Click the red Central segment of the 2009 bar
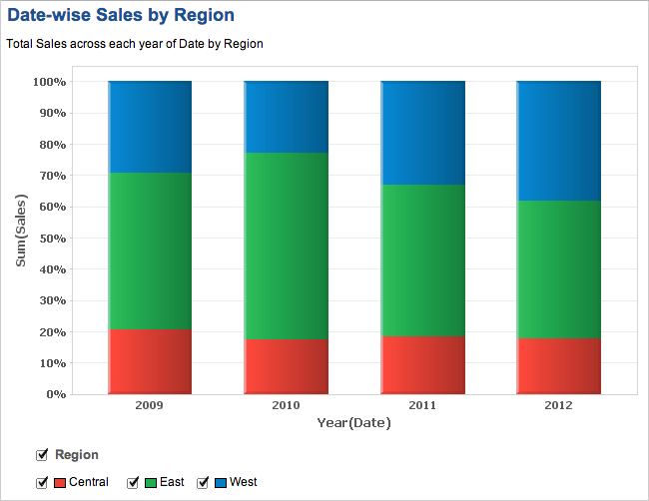click(x=150, y=361)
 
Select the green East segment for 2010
click(x=287, y=246)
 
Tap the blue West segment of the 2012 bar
click(x=559, y=141)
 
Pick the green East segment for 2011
click(x=423, y=260)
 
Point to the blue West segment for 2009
click(x=150, y=127)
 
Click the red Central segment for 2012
click(x=559, y=366)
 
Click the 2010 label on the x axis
click(x=286, y=406)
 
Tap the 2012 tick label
click(x=559, y=406)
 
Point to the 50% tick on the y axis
click(x=49, y=238)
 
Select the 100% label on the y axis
click(x=48, y=81)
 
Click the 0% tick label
click(x=55, y=394)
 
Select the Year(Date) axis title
click(x=353, y=423)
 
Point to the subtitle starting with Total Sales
click(x=134, y=44)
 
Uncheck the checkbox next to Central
click(x=42, y=483)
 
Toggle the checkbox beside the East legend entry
click(x=133, y=483)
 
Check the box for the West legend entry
click(x=203, y=483)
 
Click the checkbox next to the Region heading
click(x=42, y=455)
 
